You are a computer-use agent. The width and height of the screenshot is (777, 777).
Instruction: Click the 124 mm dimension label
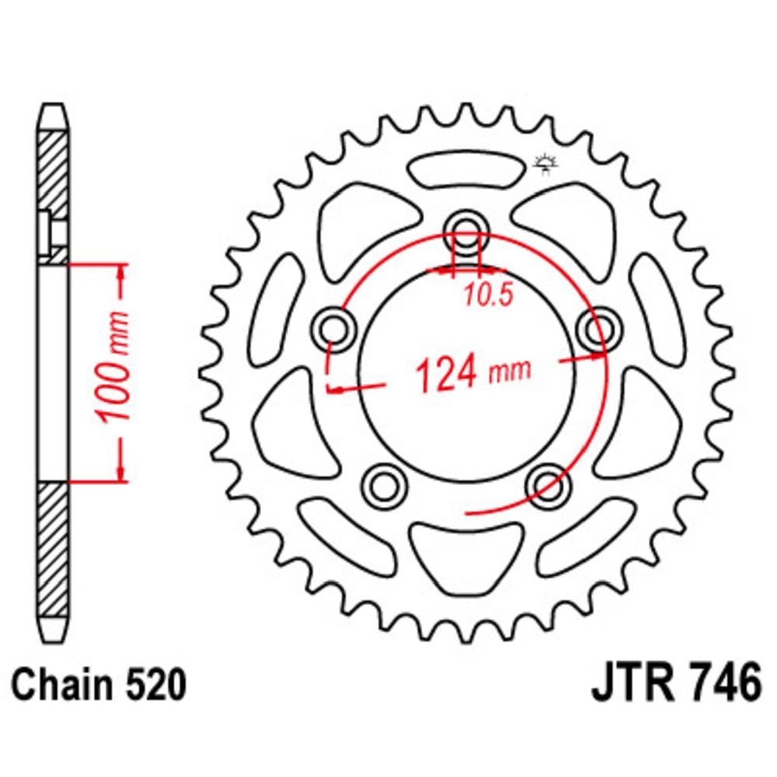pos(472,372)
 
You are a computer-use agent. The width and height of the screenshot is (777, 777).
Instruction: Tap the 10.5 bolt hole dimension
pos(488,296)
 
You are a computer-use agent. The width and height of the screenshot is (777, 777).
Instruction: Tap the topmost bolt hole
pos(465,230)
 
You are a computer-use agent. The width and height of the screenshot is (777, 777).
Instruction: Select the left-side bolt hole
pos(336,329)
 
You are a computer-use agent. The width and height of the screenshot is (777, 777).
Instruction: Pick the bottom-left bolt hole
pos(385,486)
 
